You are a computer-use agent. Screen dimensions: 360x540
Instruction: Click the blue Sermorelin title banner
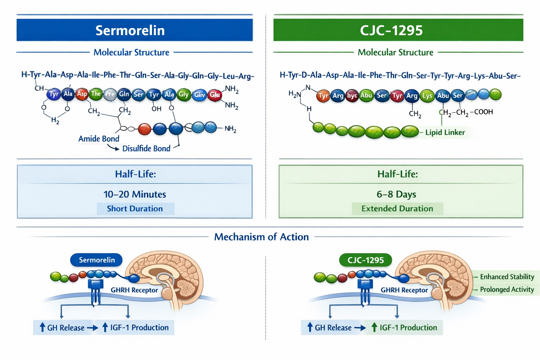(x=135, y=30)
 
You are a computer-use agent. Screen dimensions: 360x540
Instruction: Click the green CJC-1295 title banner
(x=398, y=30)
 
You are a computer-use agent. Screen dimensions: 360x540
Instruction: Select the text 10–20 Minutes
(x=135, y=194)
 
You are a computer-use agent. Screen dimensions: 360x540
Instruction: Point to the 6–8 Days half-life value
(x=396, y=194)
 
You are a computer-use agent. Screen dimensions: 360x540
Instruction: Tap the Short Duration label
(x=135, y=208)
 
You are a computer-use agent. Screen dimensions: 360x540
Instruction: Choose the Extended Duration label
(x=397, y=208)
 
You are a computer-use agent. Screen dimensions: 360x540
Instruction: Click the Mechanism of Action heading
(x=261, y=237)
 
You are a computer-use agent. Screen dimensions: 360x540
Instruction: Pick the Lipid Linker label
(x=445, y=133)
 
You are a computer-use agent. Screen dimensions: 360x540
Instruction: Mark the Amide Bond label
(x=99, y=139)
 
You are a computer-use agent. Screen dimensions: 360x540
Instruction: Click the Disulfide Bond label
(x=146, y=149)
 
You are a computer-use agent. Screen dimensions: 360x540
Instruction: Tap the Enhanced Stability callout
(x=507, y=277)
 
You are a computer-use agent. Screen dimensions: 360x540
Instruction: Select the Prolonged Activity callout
(x=507, y=289)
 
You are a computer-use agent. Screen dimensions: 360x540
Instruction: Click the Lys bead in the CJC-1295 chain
(x=427, y=96)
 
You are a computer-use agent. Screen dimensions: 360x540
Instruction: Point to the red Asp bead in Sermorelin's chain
(x=82, y=94)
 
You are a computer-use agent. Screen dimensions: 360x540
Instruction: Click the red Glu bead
(x=215, y=95)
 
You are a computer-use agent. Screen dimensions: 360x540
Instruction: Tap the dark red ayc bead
(x=352, y=95)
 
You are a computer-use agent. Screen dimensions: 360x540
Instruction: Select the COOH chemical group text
(x=483, y=112)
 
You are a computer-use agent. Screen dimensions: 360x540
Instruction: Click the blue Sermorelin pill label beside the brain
(x=97, y=260)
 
